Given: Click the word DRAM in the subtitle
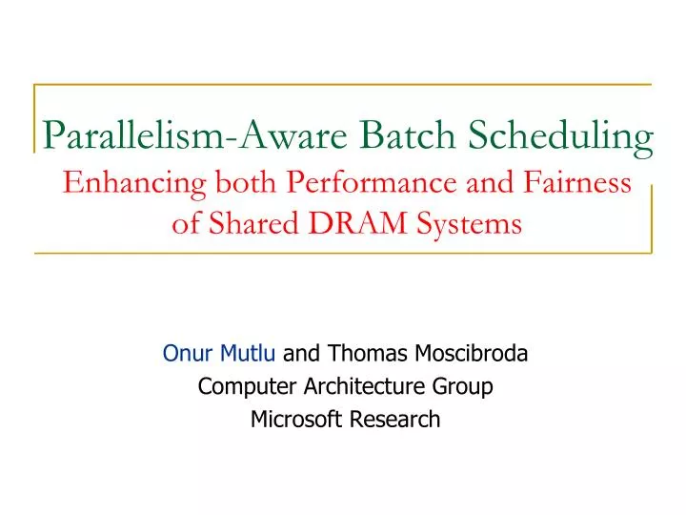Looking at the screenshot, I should (x=353, y=224).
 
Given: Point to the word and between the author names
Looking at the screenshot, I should (x=302, y=355).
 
